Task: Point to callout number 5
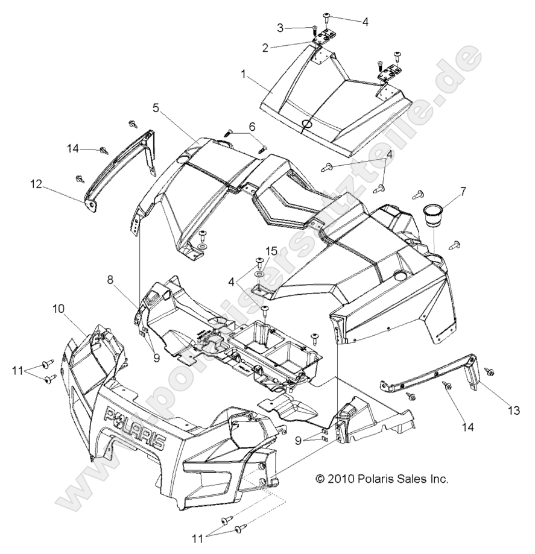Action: click(156, 108)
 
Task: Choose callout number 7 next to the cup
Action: click(463, 192)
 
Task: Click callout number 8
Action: click(110, 279)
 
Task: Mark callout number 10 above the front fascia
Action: click(59, 309)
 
